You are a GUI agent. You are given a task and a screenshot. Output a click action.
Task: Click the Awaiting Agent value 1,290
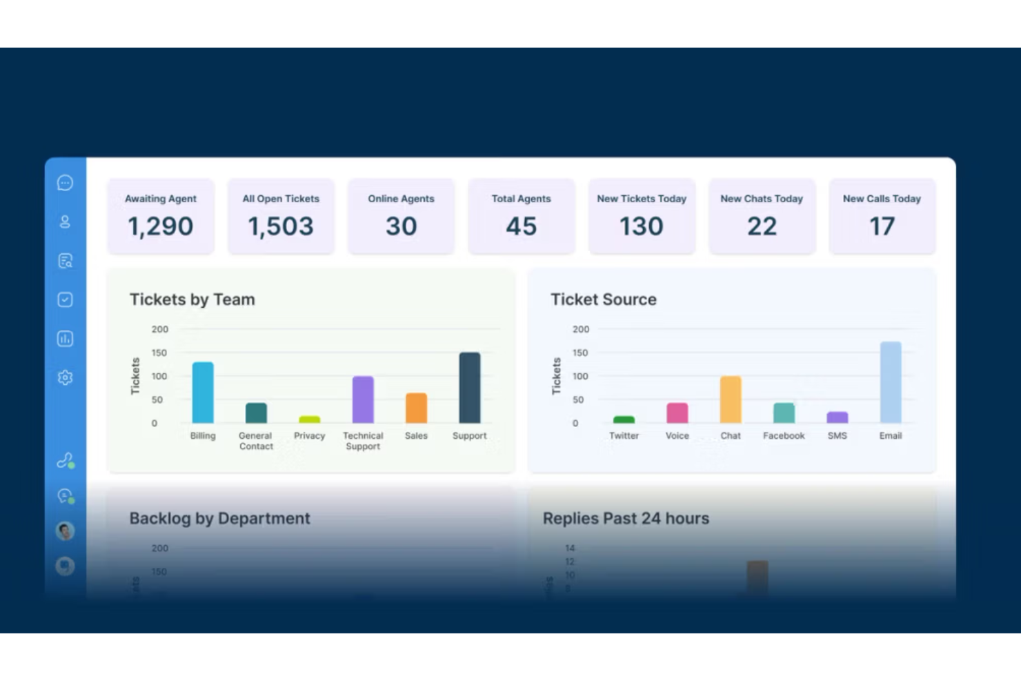click(161, 226)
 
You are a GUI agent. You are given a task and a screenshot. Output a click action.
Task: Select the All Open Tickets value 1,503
click(281, 226)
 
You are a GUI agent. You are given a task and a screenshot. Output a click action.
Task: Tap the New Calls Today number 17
click(882, 226)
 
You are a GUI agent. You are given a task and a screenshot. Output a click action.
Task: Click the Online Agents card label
click(401, 199)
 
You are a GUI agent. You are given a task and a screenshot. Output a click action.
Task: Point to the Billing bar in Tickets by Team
click(203, 393)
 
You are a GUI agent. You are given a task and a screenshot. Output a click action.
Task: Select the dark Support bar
click(470, 388)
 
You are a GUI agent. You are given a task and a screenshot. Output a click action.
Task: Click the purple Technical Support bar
click(363, 399)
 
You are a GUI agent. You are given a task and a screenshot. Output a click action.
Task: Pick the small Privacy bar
click(310, 420)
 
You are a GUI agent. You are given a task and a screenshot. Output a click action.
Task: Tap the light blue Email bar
click(891, 382)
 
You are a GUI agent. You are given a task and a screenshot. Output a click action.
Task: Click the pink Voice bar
click(677, 413)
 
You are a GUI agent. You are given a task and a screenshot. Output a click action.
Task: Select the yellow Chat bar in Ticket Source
click(731, 399)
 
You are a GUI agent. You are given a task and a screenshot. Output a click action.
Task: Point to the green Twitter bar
click(624, 420)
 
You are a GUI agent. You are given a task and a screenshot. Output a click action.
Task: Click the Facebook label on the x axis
click(784, 436)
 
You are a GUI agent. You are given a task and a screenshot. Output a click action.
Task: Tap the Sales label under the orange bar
click(416, 436)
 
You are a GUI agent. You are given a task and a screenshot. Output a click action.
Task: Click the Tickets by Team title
click(192, 299)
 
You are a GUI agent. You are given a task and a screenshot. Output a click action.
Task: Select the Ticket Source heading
click(604, 299)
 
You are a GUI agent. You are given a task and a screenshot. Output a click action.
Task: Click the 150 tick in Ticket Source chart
click(580, 353)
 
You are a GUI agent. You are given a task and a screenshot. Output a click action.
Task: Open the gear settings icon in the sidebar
click(65, 377)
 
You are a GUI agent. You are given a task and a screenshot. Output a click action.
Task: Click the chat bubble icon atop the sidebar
click(65, 183)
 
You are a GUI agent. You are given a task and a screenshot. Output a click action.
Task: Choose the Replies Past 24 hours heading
click(626, 518)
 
